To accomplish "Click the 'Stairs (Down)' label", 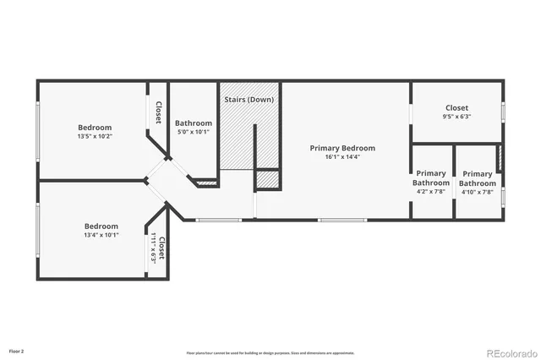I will coord(249,100).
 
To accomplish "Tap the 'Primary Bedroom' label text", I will coord(342,148).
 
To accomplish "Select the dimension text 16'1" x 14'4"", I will coord(342,157).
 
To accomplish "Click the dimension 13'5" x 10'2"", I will coord(95,136).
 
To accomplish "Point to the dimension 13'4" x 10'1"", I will coord(101,235).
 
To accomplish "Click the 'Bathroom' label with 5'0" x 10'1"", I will coord(193,123).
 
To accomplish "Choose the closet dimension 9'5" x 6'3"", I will coord(456,117).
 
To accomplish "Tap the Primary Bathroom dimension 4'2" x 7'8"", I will coord(431,192).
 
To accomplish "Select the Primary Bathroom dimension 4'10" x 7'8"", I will coord(477,192).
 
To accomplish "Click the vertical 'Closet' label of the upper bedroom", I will coord(158,112).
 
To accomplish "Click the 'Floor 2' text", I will coord(17,350).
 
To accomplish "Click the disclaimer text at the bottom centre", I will coord(270,352).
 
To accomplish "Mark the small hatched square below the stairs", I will coord(267,180).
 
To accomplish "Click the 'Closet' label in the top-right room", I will coord(456,107).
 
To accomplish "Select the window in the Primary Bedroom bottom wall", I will coord(342,221).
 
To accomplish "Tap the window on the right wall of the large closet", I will coord(503,111).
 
